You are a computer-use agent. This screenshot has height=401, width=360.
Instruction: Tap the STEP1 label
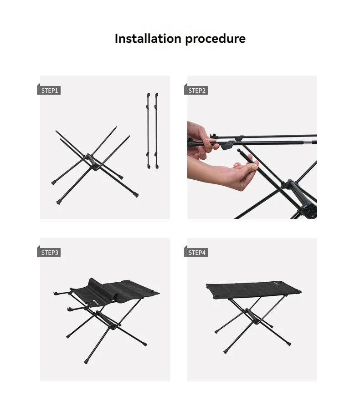[49, 91]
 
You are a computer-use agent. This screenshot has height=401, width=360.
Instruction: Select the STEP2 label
[197, 91]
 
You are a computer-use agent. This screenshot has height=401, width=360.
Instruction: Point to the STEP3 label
[49, 253]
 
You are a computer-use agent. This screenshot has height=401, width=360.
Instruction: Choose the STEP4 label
[197, 253]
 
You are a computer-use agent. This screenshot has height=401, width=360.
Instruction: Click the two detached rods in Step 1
[152, 131]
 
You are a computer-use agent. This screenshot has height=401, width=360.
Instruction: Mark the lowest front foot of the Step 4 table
[226, 351]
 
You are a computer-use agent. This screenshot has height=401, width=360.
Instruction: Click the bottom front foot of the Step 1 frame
[58, 202]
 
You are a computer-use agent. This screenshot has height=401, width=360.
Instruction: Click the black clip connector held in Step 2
[228, 146]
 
